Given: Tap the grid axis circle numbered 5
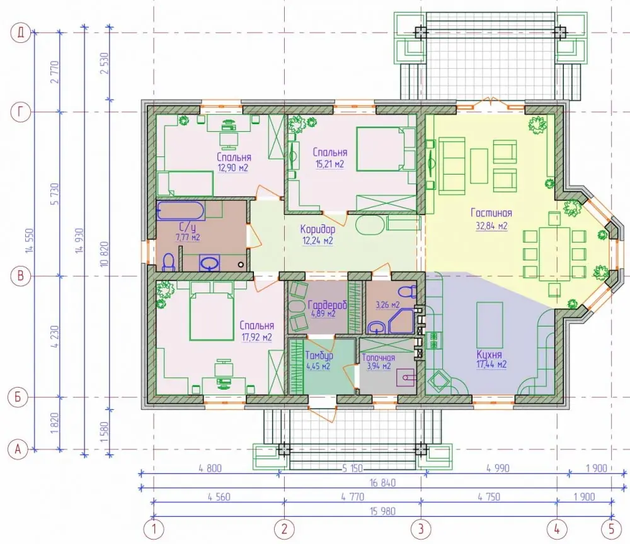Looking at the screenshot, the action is [612, 529].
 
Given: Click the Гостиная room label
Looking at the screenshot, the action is [491, 213].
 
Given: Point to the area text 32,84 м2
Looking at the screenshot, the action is [491, 226].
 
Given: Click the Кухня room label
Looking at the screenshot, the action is [490, 355].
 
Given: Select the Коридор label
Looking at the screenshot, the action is [318, 229].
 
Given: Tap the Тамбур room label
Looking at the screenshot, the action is [319, 356].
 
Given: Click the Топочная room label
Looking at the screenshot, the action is [378, 357].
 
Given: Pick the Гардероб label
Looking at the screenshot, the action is [327, 304].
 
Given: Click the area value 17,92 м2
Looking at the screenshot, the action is [257, 337].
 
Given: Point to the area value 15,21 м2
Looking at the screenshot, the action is [330, 164].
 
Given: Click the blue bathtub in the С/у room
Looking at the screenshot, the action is [181, 211].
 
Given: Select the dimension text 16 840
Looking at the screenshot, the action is [382, 482].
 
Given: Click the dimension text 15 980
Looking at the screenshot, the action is [382, 511].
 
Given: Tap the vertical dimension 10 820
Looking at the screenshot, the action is [105, 255].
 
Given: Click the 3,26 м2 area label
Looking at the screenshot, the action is [387, 305].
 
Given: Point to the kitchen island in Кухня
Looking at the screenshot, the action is [490, 325].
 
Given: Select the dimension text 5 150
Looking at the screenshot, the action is [352, 468].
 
